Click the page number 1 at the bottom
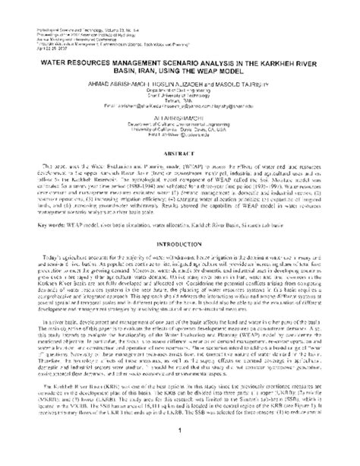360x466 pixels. [x=180, y=455]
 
